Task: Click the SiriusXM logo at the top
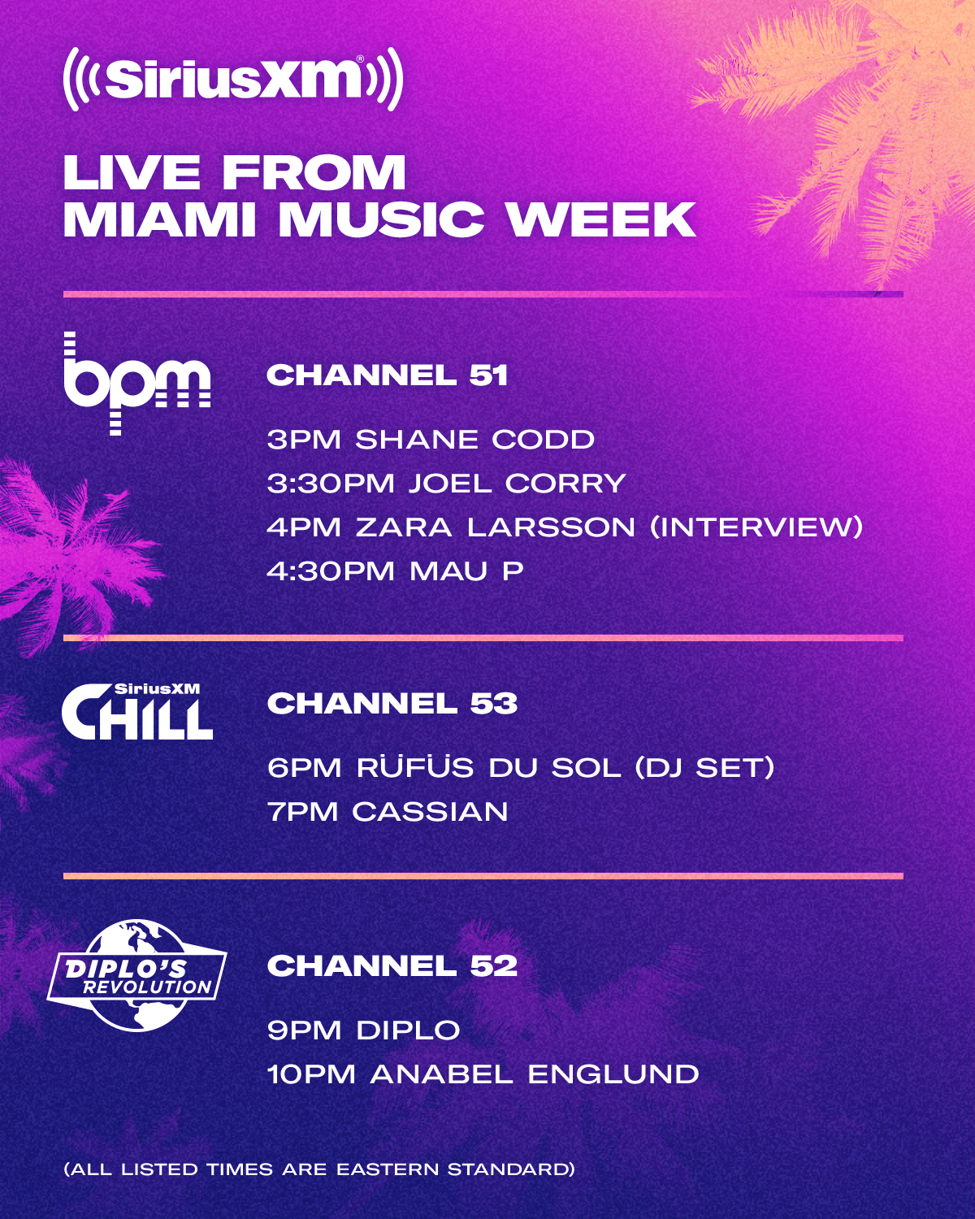pos(233,79)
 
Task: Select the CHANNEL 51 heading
pos(387,375)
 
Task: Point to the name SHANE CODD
pos(474,440)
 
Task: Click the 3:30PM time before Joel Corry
pos(330,484)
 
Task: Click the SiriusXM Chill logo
pos(136,712)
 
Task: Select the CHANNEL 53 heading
pos(392,704)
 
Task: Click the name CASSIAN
pos(430,812)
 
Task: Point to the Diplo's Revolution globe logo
pos(136,974)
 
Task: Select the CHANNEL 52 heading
pos(392,966)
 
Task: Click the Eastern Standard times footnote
pos(319,1169)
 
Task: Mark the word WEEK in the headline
pos(601,219)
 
